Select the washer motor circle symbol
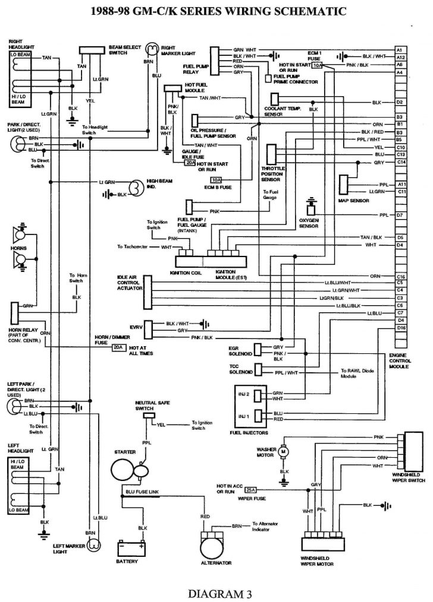[284, 452]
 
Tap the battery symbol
[130, 547]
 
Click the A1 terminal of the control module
[400, 49]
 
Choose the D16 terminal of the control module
[401, 327]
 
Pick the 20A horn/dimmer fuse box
[119, 347]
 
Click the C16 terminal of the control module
[401, 277]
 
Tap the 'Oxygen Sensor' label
[310, 224]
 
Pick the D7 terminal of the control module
[401, 214]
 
